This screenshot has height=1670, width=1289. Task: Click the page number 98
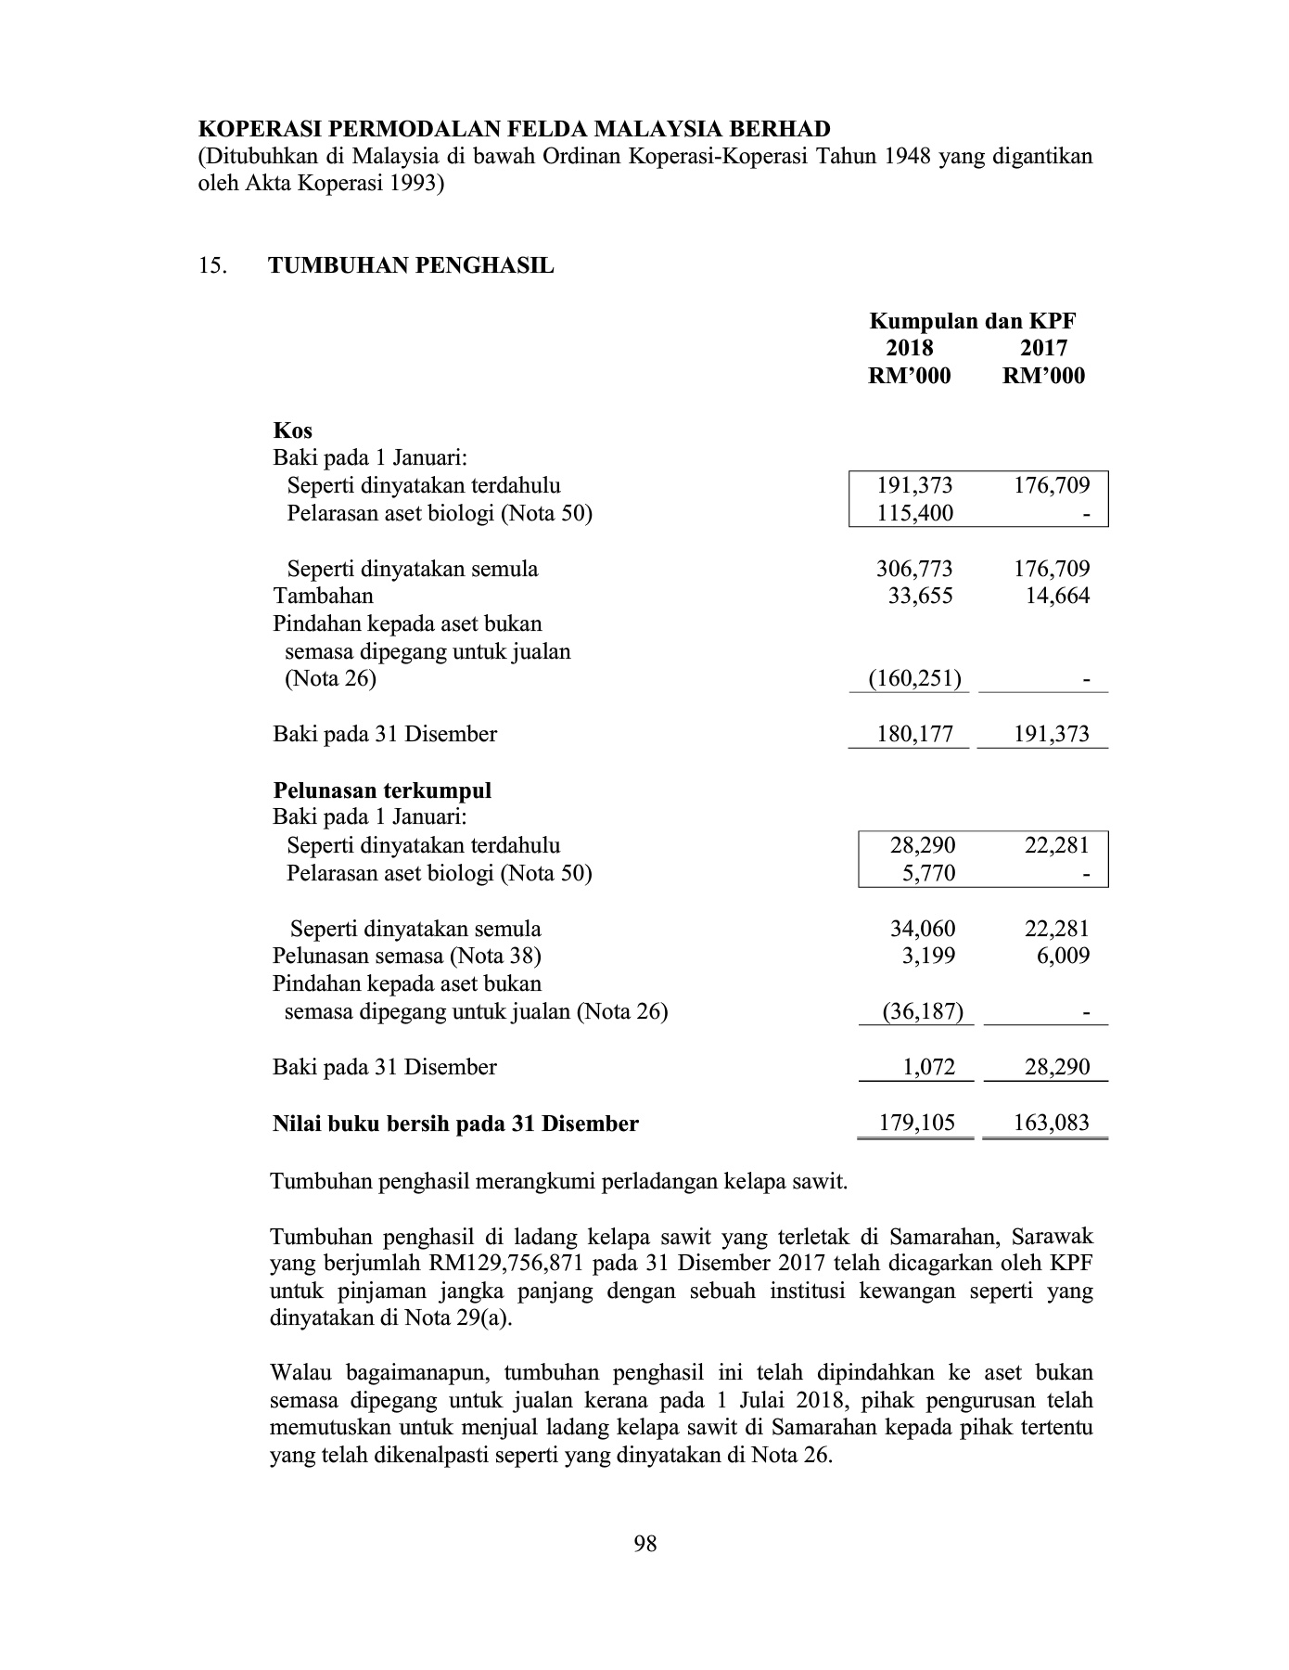645,1544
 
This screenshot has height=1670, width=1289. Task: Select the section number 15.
212,266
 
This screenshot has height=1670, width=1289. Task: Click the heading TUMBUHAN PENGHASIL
411,266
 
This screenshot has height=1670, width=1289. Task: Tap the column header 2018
910,348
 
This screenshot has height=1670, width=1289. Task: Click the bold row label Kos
293,430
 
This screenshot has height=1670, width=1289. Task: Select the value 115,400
915,513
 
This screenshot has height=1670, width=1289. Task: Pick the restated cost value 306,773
914,569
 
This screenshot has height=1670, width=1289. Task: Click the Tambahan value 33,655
920,596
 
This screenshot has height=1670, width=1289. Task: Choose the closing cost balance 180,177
914,735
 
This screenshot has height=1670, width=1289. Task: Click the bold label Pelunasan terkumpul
382,790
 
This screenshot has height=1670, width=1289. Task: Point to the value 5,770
928,873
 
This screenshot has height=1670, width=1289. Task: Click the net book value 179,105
918,1124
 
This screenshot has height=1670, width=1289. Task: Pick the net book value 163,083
1052,1124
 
